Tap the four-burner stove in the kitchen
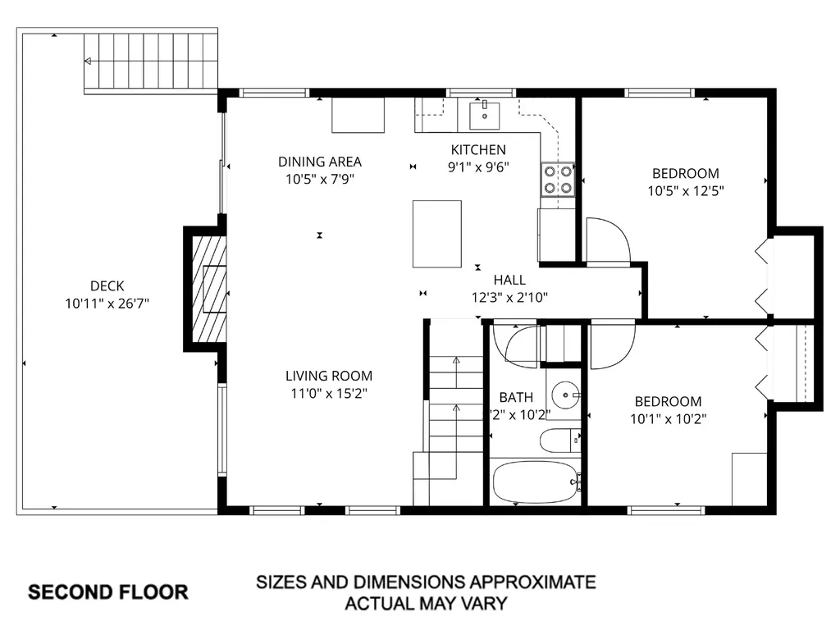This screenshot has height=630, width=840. pos(557,180)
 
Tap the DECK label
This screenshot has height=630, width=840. pos(107,286)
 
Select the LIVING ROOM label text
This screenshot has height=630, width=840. pos(328,376)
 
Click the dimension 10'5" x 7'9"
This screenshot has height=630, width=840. pos(320,179)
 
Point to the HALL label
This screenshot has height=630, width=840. pos(509,281)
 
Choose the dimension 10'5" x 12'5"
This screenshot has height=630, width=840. pos(685,190)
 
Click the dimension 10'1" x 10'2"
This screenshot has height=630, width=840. pos(668,418)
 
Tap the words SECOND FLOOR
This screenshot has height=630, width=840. pos(108,591)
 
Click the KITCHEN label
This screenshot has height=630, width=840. pos(478,149)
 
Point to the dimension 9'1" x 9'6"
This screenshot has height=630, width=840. pos(478,167)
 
